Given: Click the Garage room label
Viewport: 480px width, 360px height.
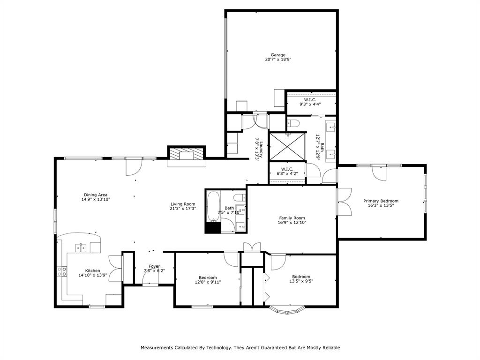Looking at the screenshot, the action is tap(277, 55).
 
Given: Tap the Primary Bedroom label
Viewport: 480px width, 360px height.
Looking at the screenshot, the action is tap(381, 201).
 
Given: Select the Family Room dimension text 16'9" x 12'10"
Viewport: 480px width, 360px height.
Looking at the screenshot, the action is tap(292, 223).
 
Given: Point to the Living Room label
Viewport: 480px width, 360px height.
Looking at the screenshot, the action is tap(183, 204).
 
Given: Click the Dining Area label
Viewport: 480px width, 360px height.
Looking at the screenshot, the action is tap(96, 195).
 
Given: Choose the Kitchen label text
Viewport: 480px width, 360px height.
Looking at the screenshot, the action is tap(92, 270).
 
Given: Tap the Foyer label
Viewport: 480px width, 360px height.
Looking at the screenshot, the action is tap(154, 266).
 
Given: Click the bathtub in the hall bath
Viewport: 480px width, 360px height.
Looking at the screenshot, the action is tap(213, 206).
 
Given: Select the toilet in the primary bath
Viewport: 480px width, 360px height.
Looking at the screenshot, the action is tap(293, 123).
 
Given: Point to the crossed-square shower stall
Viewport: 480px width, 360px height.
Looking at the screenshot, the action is tap(287, 146).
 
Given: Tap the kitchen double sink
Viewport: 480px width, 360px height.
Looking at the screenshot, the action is tap(81, 247).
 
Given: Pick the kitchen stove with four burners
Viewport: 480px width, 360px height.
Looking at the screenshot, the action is tap(62, 271).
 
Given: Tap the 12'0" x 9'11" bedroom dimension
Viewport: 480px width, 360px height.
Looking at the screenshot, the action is tap(208, 282).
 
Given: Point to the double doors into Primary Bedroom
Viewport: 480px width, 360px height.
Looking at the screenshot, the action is tap(344, 202).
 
